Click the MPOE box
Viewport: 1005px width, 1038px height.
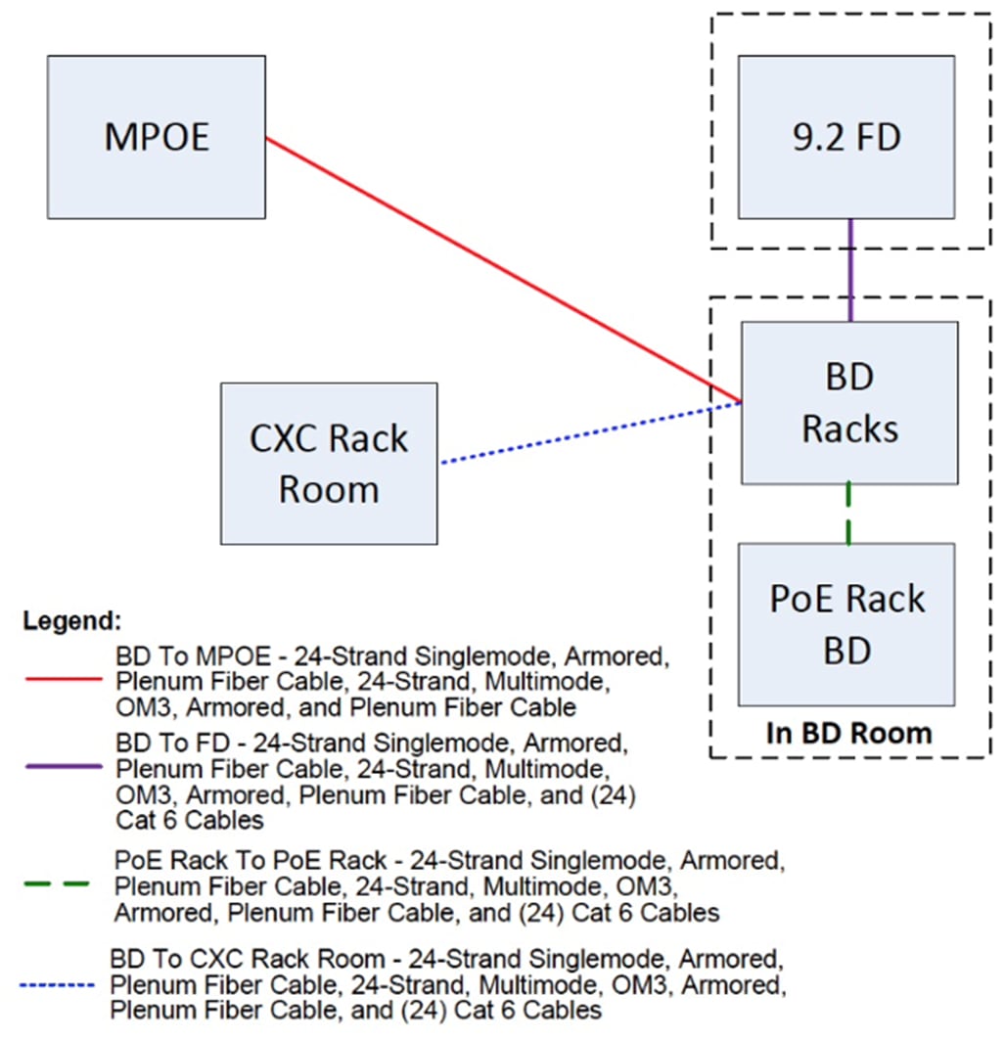[x=157, y=137]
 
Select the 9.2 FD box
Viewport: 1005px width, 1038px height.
[x=846, y=137]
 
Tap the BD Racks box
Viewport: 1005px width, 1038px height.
[x=849, y=403]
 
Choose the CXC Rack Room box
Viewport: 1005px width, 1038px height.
[x=329, y=463]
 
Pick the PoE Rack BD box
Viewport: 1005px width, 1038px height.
[x=846, y=624]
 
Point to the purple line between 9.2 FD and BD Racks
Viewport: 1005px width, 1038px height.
[x=850, y=270]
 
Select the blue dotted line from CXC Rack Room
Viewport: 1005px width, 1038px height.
[x=587, y=431]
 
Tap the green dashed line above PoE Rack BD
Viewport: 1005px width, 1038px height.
[x=848, y=514]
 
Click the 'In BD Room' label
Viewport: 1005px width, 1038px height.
[x=848, y=733]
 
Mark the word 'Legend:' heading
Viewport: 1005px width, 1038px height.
[x=72, y=620]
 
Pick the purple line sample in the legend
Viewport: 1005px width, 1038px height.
[x=60, y=768]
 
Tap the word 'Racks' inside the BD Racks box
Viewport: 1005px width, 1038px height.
[x=849, y=428]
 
